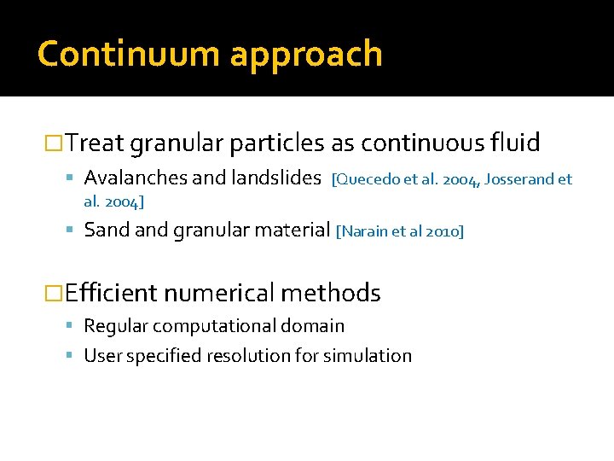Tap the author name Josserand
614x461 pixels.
(x=518, y=179)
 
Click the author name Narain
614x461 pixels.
(x=366, y=230)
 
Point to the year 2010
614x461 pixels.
(x=443, y=230)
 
